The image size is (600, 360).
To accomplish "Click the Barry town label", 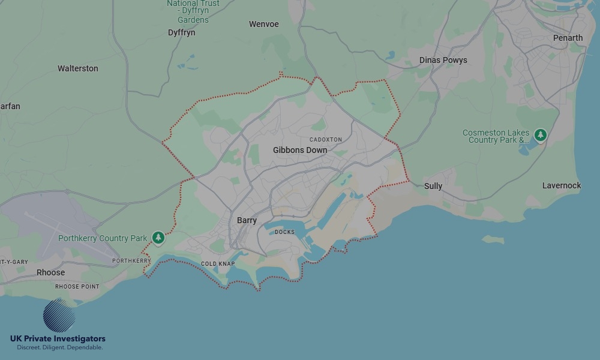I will click(x=247, y=221).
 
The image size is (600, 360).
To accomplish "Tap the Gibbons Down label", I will click(x=300, y=150).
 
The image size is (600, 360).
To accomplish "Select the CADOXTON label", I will click(x=326, y=139).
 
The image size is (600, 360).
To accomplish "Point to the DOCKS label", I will click(x=285, y=232).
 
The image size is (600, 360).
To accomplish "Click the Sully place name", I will click(x=433, y=186).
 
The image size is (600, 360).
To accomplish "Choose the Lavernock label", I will click(x=562, y=185).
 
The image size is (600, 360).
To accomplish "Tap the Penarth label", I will click(x=568, y=38).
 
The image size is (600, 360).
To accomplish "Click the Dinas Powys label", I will click(x=443, y=60).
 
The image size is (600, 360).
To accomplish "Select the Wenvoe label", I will click(x=264, y=25).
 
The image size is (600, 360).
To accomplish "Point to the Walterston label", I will click(x=78, y=68).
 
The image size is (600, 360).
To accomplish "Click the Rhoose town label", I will click(x=50, y=272).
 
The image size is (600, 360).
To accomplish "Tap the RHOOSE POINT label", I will click(x=77, y=287).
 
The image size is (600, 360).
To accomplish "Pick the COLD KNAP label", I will click(x=218, y=264).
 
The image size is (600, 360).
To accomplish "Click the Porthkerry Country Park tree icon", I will click(x=158, y=238).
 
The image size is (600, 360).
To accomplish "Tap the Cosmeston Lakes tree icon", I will click(x=541, y=136).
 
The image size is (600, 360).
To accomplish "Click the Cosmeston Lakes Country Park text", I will click(x=496, y=136).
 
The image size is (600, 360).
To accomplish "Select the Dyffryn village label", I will click(x=182, y=32).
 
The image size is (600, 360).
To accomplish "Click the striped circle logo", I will click(x=59, y=315).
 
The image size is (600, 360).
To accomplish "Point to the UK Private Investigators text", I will click(x=58, y=339).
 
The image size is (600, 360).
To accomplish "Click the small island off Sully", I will click(x=493, y=239).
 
